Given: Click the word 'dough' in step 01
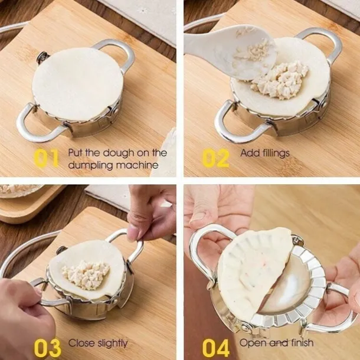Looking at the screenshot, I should pos(109,153).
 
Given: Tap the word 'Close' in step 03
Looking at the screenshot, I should pos(81,343).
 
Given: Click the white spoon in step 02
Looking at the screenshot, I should pos(218,50).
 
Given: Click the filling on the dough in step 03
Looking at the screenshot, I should pos(86,274).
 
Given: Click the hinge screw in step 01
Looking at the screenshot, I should pos(42,58).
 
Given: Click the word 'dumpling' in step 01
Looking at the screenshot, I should pos(89,165).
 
